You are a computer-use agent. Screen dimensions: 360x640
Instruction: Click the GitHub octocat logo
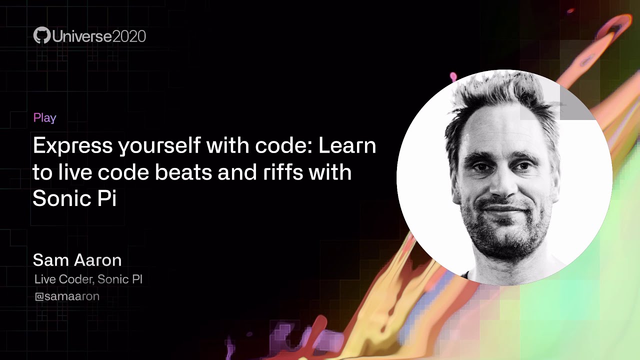42,36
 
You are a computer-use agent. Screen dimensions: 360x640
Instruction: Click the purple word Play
44,118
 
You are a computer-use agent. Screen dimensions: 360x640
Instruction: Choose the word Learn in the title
347,146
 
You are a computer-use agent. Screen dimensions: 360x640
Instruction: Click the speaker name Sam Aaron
77,260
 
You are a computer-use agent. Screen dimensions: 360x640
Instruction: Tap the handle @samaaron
67,296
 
